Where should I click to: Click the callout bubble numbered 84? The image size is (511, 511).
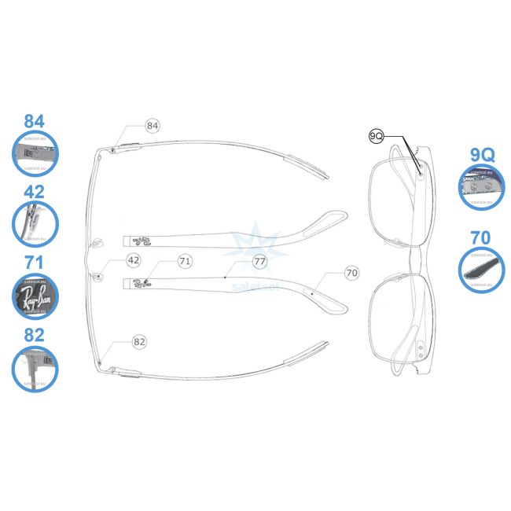153,126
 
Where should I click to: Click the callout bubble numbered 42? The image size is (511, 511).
133,260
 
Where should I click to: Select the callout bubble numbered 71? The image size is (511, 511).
185,260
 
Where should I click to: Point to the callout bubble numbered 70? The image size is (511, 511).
351,273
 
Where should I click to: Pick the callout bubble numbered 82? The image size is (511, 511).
140,342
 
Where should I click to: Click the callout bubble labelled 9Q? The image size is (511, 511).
376,136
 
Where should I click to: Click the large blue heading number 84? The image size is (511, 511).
35,122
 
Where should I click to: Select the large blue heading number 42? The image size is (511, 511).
35,191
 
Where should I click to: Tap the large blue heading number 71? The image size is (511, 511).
35,263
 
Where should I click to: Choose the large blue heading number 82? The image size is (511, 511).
35,334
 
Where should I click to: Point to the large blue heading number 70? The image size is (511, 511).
481,237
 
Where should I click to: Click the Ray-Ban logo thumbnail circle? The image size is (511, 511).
35,296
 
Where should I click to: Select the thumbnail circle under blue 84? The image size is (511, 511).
35,153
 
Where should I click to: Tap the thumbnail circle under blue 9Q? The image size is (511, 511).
481,187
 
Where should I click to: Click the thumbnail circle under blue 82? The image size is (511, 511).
35,369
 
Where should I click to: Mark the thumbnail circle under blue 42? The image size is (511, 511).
35,222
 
